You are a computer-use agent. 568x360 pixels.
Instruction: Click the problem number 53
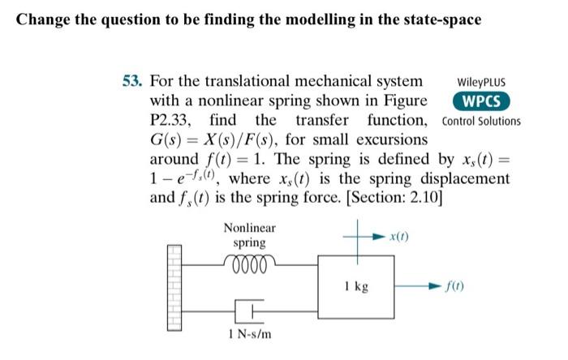(132, 82)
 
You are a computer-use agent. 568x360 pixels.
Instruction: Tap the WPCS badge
(481, 101)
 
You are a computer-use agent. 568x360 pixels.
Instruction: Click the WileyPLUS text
(482, 83)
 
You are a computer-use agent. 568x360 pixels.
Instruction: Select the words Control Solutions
(482, 122)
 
